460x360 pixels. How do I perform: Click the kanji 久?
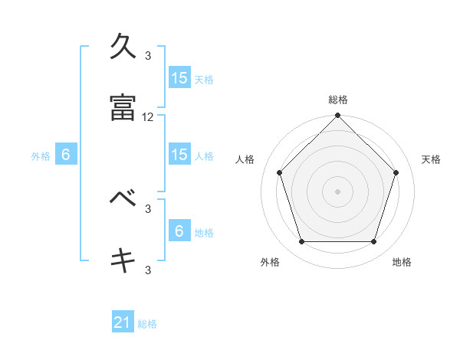click(x=123, y=47)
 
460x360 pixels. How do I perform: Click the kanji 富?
click(x=123, y=108)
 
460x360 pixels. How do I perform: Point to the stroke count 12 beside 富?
click(x=148, y=117)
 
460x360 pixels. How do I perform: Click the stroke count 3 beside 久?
click(x=148, y=56)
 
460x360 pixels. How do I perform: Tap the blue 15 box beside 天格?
click(x=179, y=78)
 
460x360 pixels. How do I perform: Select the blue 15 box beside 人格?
click(x=179, y=155)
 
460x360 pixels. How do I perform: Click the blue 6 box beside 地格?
click(x=179, y=231)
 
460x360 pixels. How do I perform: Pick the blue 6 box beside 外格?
click(x=66, y=155)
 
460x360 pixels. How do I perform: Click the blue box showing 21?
click(x=123, y=322)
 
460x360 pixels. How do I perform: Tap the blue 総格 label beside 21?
click(x=147, y=324)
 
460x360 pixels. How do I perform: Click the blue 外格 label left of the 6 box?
click(x=41, y=155)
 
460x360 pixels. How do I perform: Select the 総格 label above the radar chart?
click(x=338, y=100)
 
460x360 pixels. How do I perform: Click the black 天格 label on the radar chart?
click(x=432, y=159)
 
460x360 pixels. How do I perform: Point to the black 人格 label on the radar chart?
click(x=245, y=159)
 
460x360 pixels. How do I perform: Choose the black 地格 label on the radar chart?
click(x=402, y=262)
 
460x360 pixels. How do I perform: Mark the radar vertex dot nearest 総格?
click(x=338, y=116)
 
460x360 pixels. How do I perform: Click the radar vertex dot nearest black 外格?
click(x=301, y=242)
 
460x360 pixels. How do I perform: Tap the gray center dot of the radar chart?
click(x=338, y=191)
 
